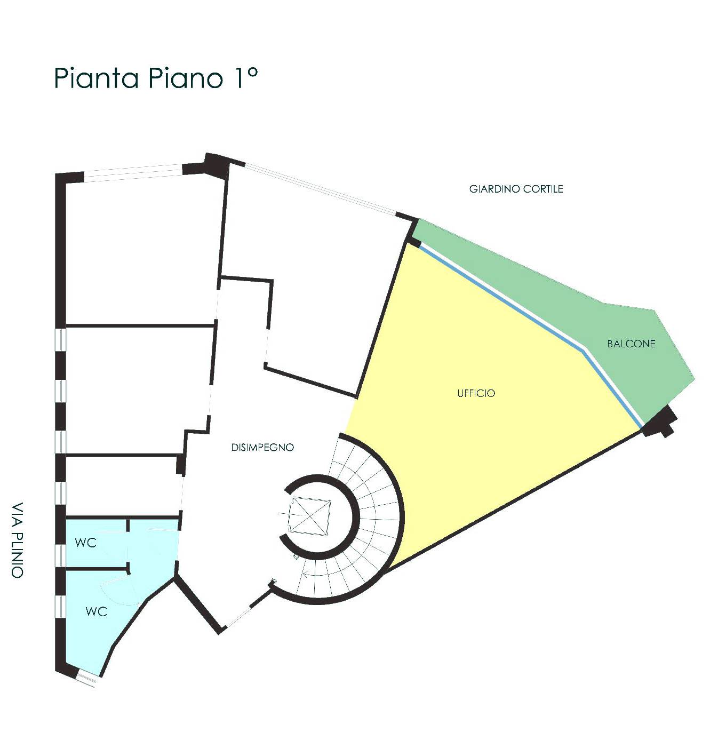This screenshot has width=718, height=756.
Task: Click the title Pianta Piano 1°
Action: pos(155,78)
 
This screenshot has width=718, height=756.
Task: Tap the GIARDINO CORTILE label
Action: pos(516,189)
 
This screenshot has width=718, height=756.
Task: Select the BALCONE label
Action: pos(631,344)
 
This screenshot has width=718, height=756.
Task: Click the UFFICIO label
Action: pos(476,393)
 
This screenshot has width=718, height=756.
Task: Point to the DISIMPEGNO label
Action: pos(262,447)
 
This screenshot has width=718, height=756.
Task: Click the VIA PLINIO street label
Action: pos(17,540)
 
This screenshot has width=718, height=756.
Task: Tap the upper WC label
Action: pos(85,543)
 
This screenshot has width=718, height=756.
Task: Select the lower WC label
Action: pos(96,611)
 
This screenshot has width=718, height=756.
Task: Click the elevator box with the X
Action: pos(310,516)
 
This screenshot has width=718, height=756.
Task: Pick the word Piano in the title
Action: pos(185,78)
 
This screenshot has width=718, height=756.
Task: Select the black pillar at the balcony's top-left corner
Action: pos(413,242)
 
